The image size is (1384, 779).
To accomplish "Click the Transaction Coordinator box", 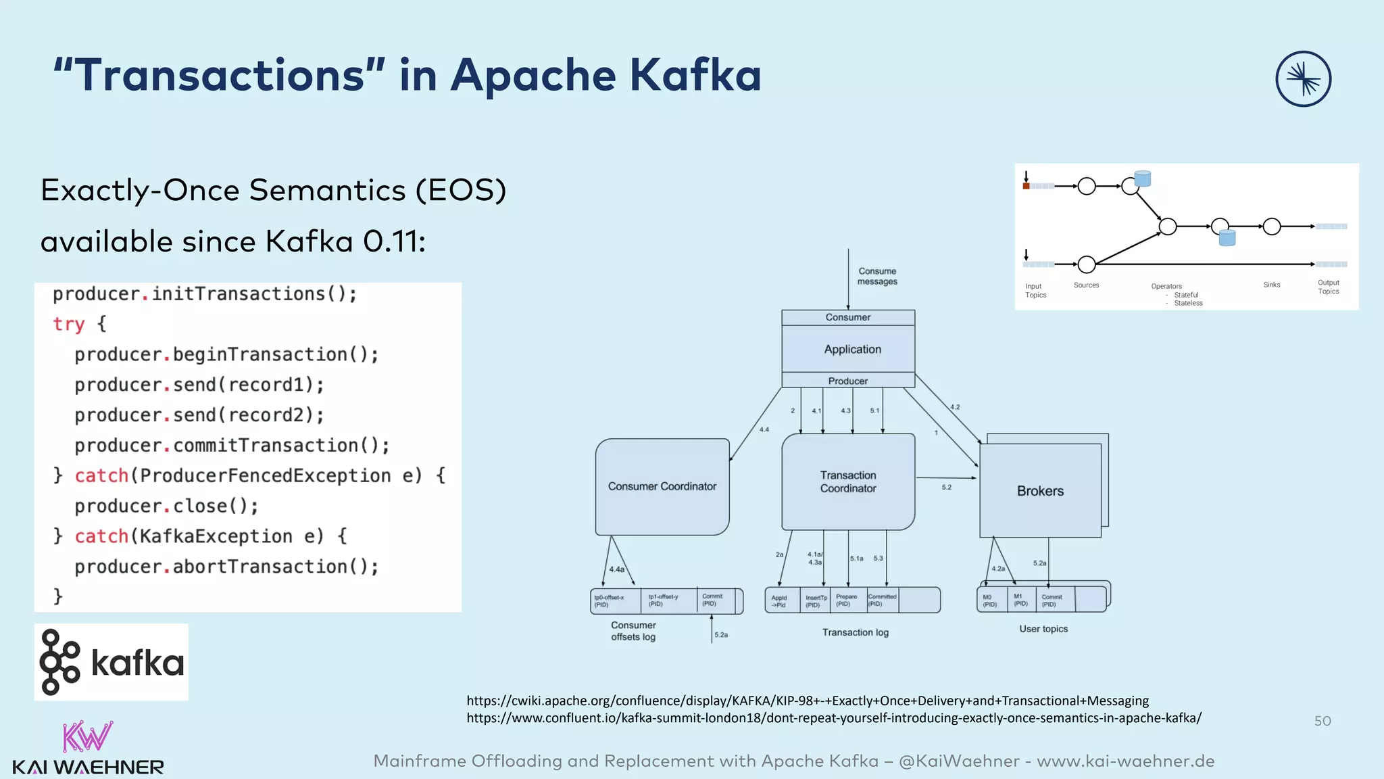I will click(x=848, y=482).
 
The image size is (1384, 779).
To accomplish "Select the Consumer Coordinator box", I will click(x=662, y=487).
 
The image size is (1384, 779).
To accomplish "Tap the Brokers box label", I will click(x=1040, y=491).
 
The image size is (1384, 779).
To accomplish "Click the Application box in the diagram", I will click(x=852, y=350).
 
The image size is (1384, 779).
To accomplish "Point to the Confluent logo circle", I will click(x=1303, y=79).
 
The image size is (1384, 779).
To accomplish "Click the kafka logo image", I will click(x=112, y=662).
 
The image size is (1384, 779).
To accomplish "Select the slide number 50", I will click(x=1323, y=721).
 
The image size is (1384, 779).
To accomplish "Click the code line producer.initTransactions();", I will click(x=205, y=294).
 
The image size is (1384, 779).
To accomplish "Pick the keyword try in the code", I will click(x=68, y=324).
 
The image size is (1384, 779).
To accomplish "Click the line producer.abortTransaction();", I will click(x=226, y=567).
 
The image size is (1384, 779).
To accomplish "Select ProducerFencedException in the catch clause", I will click(x=265, y=476).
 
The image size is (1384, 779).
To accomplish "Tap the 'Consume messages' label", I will click(x=877, y=276).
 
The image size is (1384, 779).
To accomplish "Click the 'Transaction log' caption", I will click(x=855, y=632).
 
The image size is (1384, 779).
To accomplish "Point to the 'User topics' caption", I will click(x=1043, y=629).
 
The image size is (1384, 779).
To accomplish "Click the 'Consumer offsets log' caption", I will click(x=633, y=631).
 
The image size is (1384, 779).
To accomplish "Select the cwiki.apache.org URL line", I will click(x=808, y=701).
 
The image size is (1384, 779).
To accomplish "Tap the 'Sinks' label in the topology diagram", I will click(x=1271, y=285).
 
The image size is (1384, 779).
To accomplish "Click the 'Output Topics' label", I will click(x=1328, y=287).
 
